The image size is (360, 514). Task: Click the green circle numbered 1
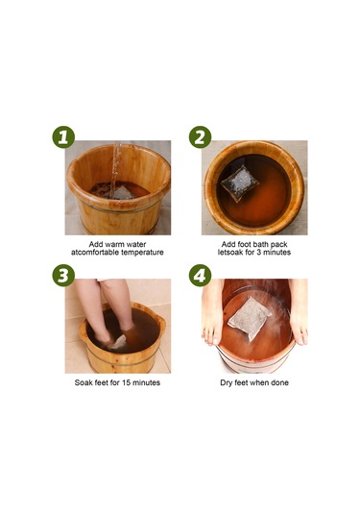pyautogui.click(x=63, y=137)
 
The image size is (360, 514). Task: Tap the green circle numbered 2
pyautogui.click(x=200, y=137)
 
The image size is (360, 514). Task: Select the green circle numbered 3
pyautogui.click(x=63, y=276)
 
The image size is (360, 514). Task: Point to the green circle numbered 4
pyautogui.click(x=200, y=276)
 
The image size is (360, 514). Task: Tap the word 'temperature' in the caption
pyautogui.click(x=142, y=253)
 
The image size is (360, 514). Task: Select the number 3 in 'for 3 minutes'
pyautogui.click(x=258, y=253)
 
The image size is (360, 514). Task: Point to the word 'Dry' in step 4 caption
pyautogui.click(x=226, y=383)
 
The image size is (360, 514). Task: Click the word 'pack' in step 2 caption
pyautogui.click(x=279, y=245)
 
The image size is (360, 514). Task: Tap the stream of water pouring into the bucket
pyautogui.click(x=115, y=170)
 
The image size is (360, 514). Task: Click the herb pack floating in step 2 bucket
pyautogui.click(x=239, y=183)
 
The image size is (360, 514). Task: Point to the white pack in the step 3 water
pyautogui.click(x=118, y=342)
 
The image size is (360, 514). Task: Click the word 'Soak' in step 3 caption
pyautogui.click(x=84, y=382)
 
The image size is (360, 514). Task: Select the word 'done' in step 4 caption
pyautogui.click(x=279, y=382)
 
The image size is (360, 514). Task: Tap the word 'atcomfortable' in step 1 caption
pyautogui.click(x=95, y=253)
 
